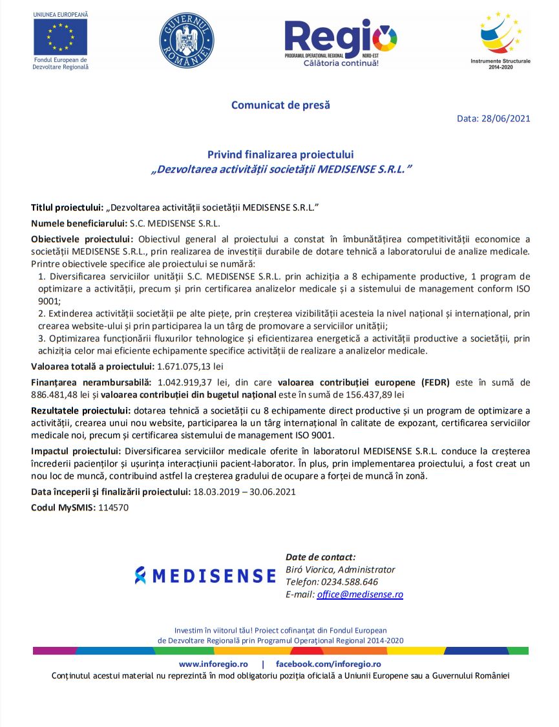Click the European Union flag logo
tap(60, 37)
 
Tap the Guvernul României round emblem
tap(187, 40)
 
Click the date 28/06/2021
tap(507, 118)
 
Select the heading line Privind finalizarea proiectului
tap(280, 154)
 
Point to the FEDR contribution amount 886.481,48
tap(61, 394)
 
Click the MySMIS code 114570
tap(113, 507)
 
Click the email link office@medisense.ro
tap(360, 595)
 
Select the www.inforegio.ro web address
tap(213, 664)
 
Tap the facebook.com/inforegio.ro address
tap(328, 664)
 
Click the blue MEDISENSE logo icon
tap(140, 575)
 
